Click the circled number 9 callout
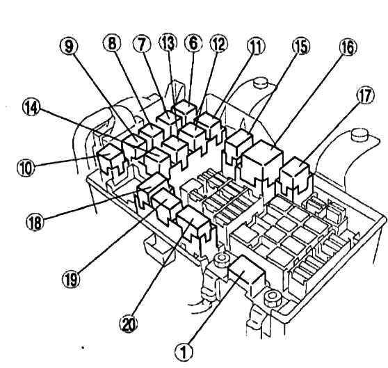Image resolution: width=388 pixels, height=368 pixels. [69, 46]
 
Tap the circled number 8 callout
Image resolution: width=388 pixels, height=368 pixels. [112, 43]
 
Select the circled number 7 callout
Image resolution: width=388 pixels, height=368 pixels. [142, 44]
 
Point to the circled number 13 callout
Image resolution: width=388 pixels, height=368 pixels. [168, 42]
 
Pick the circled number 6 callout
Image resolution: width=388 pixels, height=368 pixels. [193, 43]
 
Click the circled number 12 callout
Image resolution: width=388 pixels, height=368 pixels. [219, 44]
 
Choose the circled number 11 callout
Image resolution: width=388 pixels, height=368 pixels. [256, 47]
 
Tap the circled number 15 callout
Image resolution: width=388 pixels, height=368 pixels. [301, 47]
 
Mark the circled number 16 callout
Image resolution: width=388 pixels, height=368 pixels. [348, 47]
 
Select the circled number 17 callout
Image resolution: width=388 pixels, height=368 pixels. [365, 95]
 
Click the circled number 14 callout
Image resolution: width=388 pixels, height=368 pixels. [31, 107]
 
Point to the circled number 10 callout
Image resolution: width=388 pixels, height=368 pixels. [26, 167]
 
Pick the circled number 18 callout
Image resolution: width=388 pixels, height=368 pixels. [35, 221]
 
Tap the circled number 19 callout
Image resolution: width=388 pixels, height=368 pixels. [71, 279]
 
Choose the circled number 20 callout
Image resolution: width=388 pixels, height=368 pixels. [129, 323]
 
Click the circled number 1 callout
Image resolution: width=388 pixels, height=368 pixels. [184, 351]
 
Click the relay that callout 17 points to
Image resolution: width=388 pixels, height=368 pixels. [296, 175]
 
